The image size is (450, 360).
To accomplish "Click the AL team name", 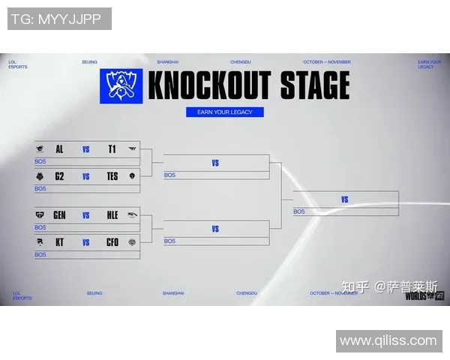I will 59,149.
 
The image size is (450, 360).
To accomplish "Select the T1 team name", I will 112,149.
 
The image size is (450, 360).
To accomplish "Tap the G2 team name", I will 59,177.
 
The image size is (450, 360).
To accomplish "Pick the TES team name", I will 112,177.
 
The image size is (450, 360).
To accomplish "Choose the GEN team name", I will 59,215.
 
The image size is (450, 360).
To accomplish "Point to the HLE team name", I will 112,215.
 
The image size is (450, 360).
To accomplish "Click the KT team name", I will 59,242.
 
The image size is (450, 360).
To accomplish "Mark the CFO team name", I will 112,242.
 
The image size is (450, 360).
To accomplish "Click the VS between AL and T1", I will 86,149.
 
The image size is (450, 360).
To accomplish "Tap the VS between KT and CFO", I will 86,242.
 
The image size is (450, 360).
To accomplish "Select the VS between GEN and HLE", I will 86,215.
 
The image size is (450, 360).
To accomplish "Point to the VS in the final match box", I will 345,199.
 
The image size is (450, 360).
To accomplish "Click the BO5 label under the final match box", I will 299,211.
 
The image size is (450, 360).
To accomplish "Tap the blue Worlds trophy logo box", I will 121,86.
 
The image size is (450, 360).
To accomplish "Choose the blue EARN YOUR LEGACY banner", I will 225,112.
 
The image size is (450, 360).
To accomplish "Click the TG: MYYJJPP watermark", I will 59,19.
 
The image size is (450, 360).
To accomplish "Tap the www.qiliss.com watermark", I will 388,340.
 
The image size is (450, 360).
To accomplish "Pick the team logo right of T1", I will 133,149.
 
